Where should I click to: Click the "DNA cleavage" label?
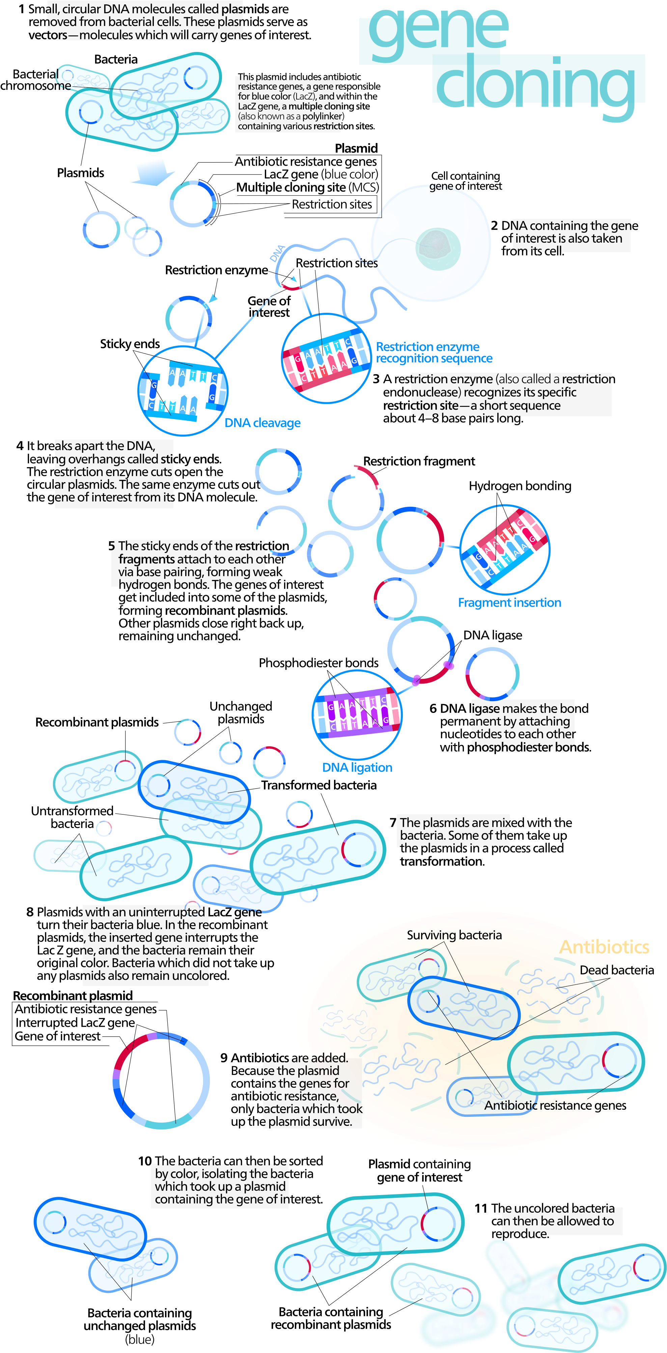point(262,423)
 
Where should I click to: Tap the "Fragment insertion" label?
point(509,603)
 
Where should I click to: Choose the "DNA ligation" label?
point(357,767)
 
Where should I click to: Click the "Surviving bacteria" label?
point(454,935)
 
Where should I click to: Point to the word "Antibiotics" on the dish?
point(604,946)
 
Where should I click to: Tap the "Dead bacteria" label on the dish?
point(609,970)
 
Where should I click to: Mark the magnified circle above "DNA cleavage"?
point(183,391)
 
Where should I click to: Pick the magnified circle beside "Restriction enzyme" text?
point(326,359)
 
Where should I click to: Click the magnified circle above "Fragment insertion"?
point(505,549)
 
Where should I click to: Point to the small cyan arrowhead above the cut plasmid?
point(213,298)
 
